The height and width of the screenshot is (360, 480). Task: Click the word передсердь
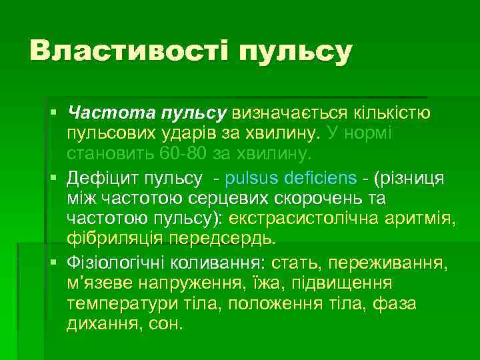tap(223, 238)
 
